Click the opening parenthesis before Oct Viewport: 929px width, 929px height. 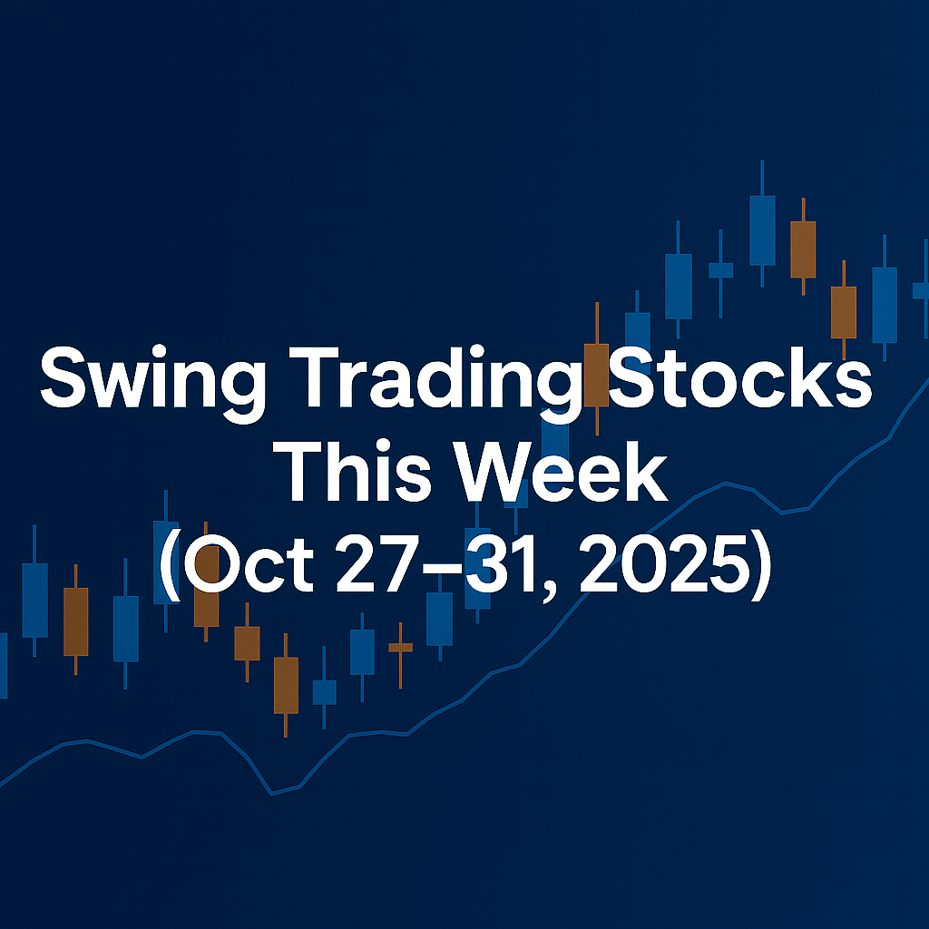point(171,572)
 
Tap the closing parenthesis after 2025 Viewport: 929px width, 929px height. point(761,572)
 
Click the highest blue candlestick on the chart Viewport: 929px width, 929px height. point(762,230)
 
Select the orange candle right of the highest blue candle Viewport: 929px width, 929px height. point(803,249)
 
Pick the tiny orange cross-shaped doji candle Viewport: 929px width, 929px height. point(400,648)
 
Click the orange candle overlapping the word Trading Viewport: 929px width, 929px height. point(596,374)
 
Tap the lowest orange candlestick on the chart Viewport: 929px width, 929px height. point(286,685)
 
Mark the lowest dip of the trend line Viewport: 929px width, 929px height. point(271,794)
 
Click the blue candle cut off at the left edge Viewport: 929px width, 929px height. point(3,665)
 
